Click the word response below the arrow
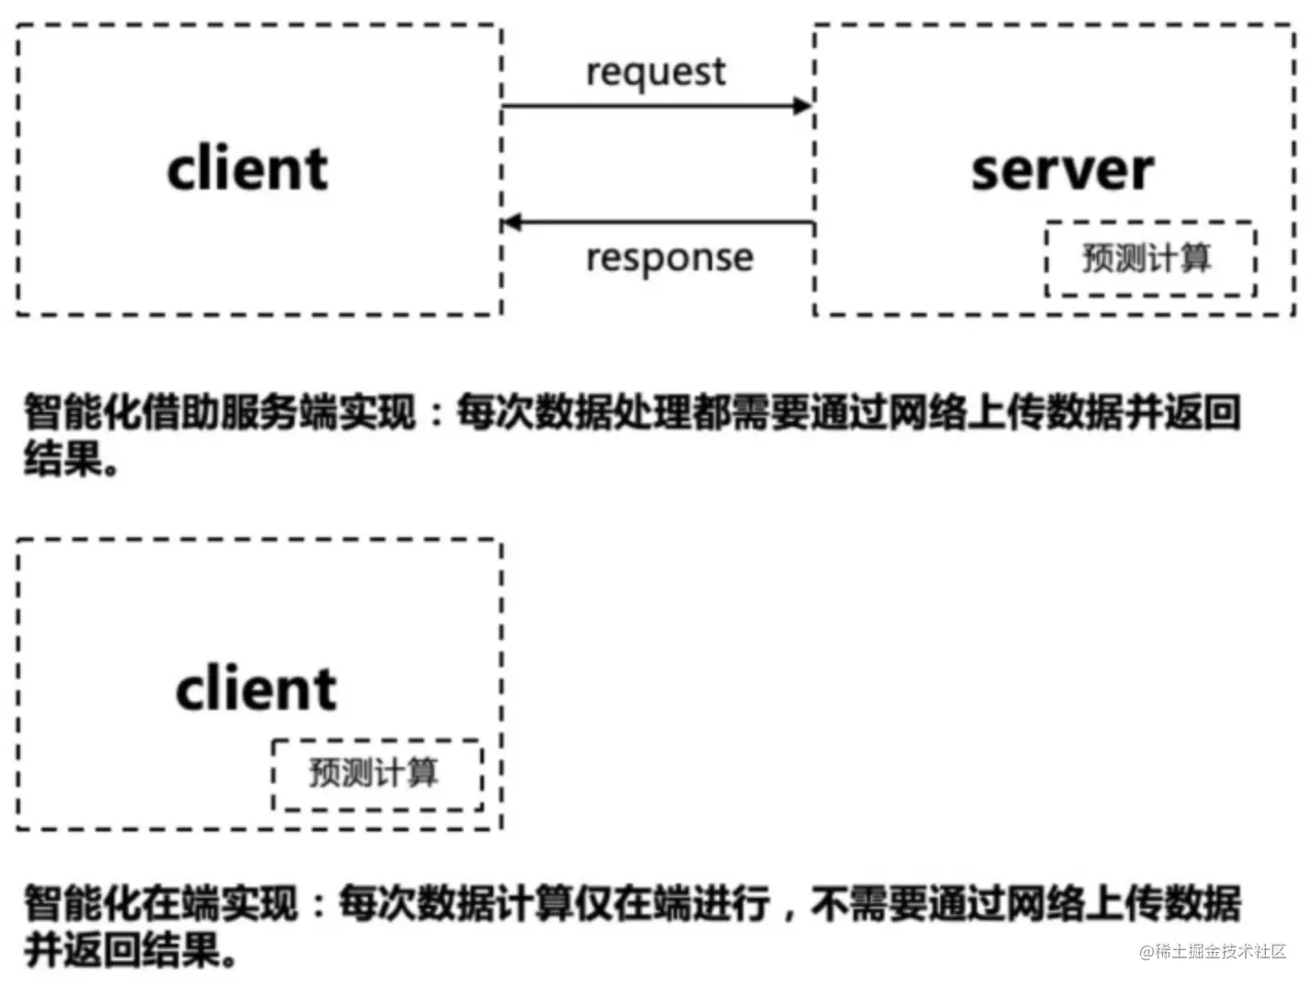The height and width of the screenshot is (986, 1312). click(669, 258)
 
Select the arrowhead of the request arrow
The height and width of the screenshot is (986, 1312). click(802, 106)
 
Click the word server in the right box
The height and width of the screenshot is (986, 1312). click(1062, 170)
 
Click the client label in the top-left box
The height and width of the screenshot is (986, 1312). click(247, 169)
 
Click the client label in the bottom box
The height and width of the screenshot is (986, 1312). click(256, 689)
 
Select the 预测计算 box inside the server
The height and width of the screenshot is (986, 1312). click(1150, 258)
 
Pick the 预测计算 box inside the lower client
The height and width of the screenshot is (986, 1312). click(376, 774)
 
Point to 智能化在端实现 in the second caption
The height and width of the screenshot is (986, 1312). click(160, 904)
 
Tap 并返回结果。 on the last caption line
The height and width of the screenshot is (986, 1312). click(129, 949)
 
